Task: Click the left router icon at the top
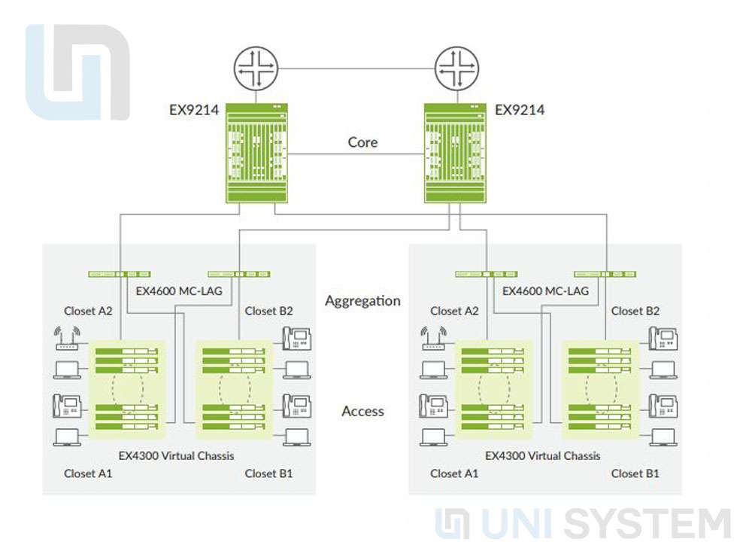(x=256, y=69)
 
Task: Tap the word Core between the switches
(x=362, y=142)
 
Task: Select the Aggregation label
(x=362, y=301)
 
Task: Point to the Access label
(x=362, y=411)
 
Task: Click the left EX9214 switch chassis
(x=256, y=154)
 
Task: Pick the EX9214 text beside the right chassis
(x=520, y=110)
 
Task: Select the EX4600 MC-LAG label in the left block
(x=179, y=291)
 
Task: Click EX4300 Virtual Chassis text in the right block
(x=543, y=455)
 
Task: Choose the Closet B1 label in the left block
(x=268, y=473)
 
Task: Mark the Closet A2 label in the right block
(x=454, y=311)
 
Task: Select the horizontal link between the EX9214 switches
(x=356, y=154)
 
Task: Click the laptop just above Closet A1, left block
(x=68, y=437)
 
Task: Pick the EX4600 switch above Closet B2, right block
(x=605, y=274)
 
